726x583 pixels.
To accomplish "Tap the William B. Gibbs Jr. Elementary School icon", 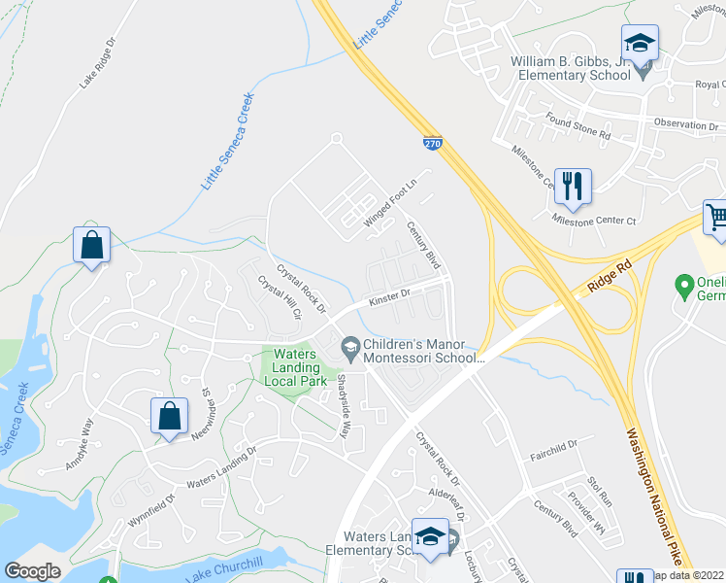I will click(x=640, y=44).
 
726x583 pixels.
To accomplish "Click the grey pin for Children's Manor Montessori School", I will click(x=348, y=346).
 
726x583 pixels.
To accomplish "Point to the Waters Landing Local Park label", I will click(x=296, y=367).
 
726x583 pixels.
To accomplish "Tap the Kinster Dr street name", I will click(x=388, y=296).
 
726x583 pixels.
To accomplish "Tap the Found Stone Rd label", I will click(x=577, y=126).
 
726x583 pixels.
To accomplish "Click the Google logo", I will click(x=32, y=571).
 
